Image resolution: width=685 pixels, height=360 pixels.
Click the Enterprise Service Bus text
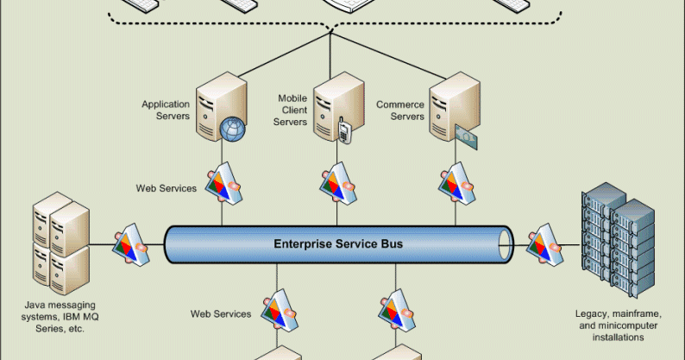(x=338, y=244)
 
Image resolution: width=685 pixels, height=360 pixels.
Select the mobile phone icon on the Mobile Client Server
(x=344, y=132)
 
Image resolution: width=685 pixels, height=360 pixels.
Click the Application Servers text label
(x=166, y=111)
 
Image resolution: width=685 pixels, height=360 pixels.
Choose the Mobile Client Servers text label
(x=292, y=111)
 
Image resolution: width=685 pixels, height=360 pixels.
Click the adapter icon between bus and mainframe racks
(x=545, y=243)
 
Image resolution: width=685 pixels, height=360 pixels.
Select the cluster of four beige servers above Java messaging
(x=60, y=242)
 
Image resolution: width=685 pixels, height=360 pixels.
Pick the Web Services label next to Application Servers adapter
(x=166, y=187)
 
